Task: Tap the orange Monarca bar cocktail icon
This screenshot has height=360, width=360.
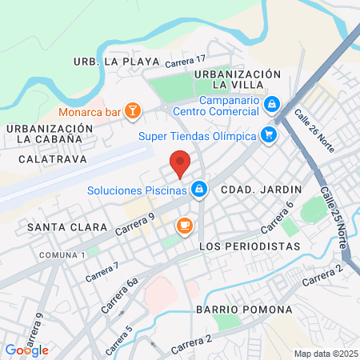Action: point(134,112)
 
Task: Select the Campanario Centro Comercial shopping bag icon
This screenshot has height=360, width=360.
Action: point(272,103)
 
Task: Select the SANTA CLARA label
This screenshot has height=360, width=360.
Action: point(67,227)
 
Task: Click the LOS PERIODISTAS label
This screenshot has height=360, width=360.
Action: point(249,246)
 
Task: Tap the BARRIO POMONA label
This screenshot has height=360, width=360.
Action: point(242,309)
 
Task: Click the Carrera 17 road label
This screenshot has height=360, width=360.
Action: point(185,61)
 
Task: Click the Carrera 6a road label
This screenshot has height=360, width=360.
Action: point(120,295)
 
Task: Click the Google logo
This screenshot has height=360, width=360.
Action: point(26,350)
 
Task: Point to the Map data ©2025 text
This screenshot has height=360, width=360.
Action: point(324,354)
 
